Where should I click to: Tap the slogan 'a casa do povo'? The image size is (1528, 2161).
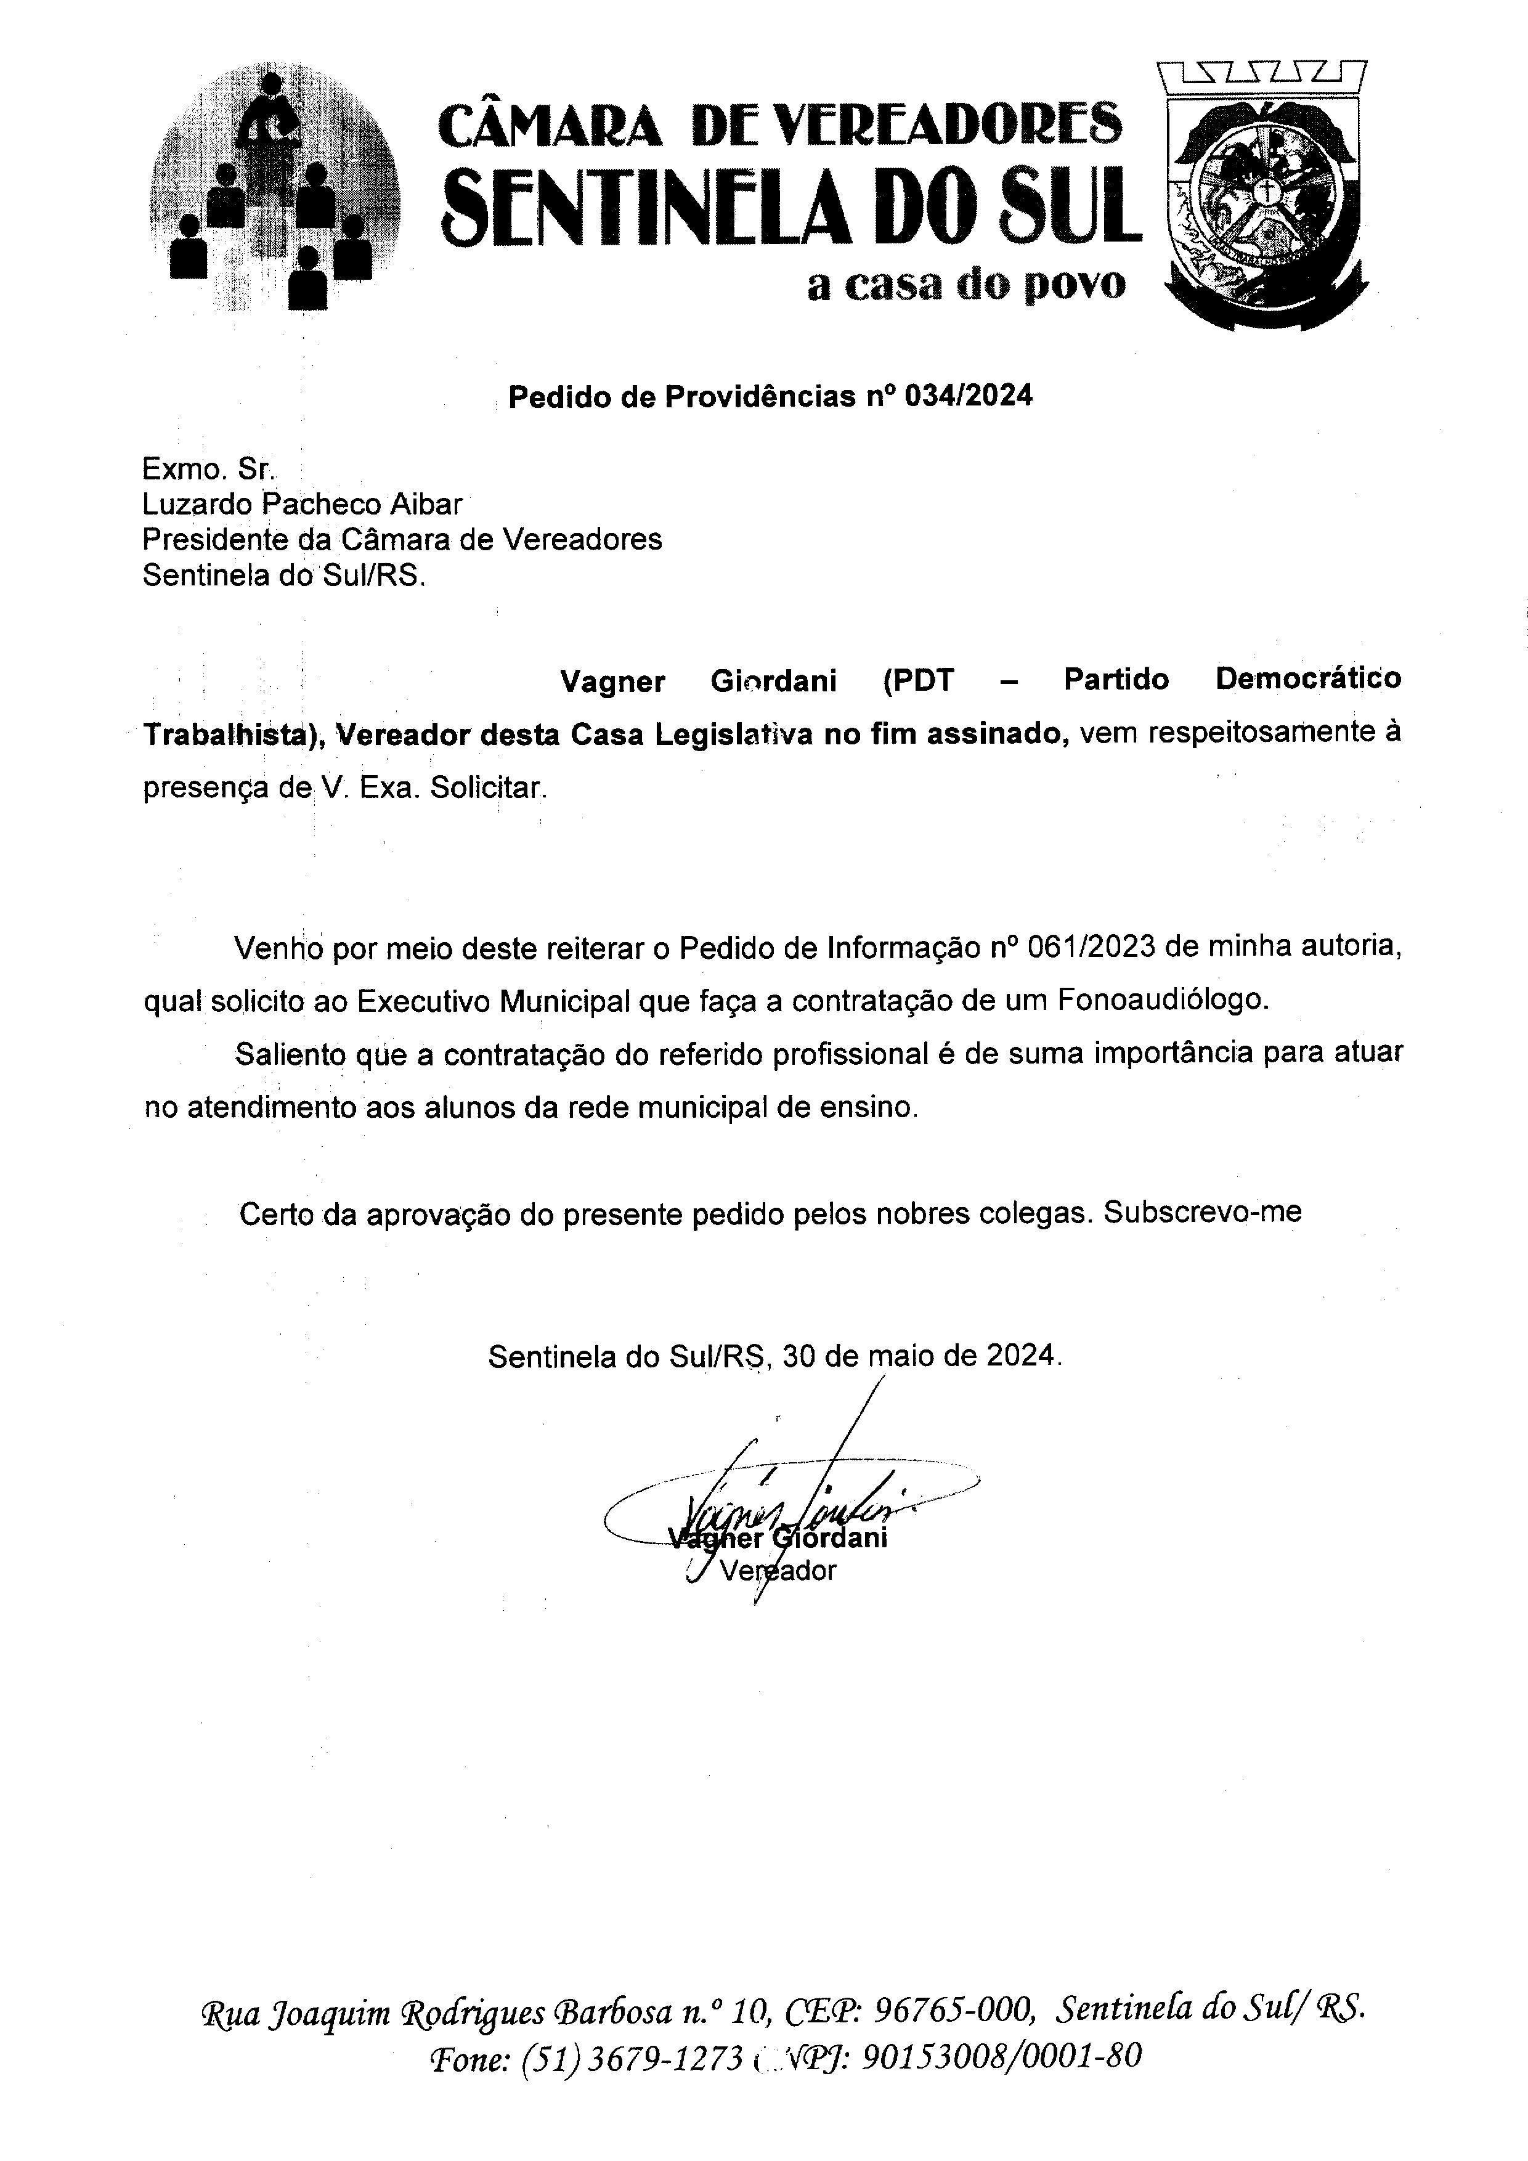[x=966, y=284]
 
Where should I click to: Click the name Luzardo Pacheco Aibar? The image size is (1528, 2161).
[x=302, y=505]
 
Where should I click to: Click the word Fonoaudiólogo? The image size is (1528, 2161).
[x=1163, y=999]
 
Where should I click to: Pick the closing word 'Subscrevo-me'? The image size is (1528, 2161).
[x=1203, y=1212]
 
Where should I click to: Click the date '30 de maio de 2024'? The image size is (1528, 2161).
[x=919, y=1356]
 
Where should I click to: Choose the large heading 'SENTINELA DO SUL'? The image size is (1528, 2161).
[x=790, y=208]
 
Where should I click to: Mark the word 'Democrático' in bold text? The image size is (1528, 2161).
[x=1308, y=678]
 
